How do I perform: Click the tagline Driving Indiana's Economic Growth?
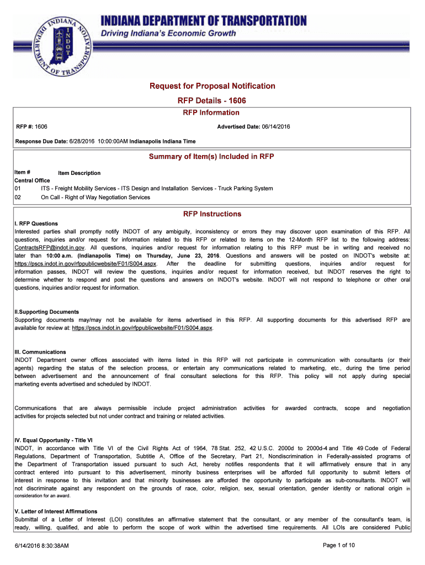coord(168,34)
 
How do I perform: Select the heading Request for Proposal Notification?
coord(212,86)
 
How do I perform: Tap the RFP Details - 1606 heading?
coord(212,101)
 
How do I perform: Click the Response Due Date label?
coord(41,141)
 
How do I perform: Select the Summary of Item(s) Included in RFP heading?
coord(212,157)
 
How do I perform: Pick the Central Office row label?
coord(32,180)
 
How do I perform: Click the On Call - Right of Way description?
coord(95,197)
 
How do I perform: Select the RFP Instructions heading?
coord(212,214)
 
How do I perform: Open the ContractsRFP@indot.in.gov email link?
coord(49,248)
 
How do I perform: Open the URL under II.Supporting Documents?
coord(142,328)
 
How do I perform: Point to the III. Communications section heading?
coord(40,352)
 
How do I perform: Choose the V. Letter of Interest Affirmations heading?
coord(56,511)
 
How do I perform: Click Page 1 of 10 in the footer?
coord(338,546)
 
